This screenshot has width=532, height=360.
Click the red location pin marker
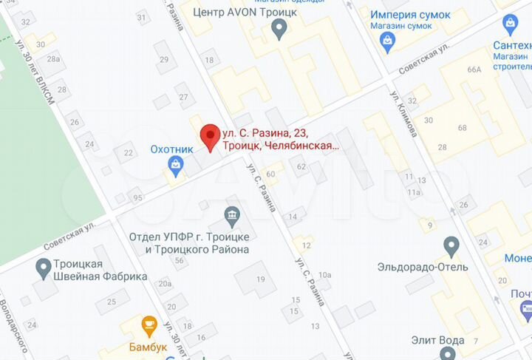(211, 137)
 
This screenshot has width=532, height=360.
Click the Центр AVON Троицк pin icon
(279, 30)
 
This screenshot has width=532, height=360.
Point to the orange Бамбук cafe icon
(149, 325)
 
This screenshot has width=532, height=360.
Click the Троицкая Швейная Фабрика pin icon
(43, 265)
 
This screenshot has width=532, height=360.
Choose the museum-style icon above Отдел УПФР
(233, 216)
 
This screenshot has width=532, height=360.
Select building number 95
(137, 197)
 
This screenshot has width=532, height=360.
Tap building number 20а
(164, 284)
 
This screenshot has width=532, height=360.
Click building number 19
(260, 279)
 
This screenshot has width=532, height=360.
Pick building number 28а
(53, 58)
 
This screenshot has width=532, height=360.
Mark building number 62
(301, 167)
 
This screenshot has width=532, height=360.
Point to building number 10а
(325, 275)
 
